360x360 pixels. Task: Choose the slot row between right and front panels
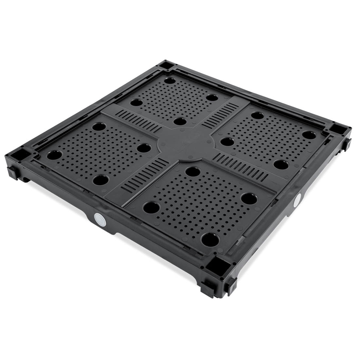(243, 165)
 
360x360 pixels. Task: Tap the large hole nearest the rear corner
(170, 81)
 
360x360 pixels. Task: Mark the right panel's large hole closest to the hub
(225, 142)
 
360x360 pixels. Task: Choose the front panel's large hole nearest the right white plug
(251, 198)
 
